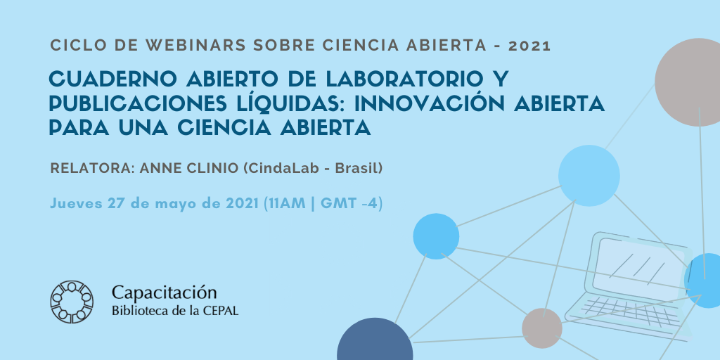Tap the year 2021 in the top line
[x=529, y=46]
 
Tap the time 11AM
[x=285, y=203]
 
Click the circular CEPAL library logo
[x=72, y=302]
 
